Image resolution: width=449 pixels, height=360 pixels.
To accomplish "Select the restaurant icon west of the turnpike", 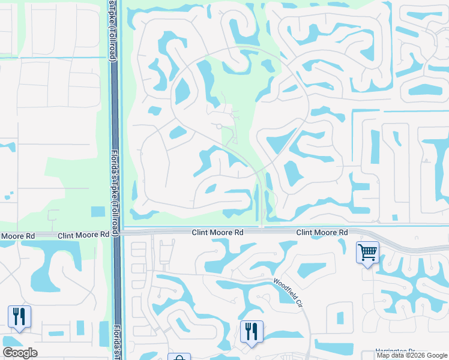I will (19, 316).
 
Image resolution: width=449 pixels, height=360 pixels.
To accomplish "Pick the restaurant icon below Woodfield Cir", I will (251, 331).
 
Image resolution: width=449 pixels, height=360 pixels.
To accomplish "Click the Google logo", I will (20, 353).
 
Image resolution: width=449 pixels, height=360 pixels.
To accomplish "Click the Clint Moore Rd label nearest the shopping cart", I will (322, 232).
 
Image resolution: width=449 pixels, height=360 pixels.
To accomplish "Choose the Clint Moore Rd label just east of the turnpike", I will (217, 232).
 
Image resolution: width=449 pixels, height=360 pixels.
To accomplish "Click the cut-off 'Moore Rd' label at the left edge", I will (17, 236).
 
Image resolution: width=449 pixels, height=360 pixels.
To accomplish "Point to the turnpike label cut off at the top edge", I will (111, 30).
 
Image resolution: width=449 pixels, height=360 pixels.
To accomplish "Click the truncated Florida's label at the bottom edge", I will (116, 342).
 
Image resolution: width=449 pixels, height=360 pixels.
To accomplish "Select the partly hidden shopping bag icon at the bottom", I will (179, 357).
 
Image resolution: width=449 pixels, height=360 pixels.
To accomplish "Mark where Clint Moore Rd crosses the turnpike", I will (116, 231).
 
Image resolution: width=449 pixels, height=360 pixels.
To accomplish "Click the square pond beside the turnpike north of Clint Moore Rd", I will (97, 212).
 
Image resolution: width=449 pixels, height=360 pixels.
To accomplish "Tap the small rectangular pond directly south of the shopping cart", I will (340, 317).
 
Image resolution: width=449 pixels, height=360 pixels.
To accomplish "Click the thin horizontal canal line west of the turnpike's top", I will (54, 58).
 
